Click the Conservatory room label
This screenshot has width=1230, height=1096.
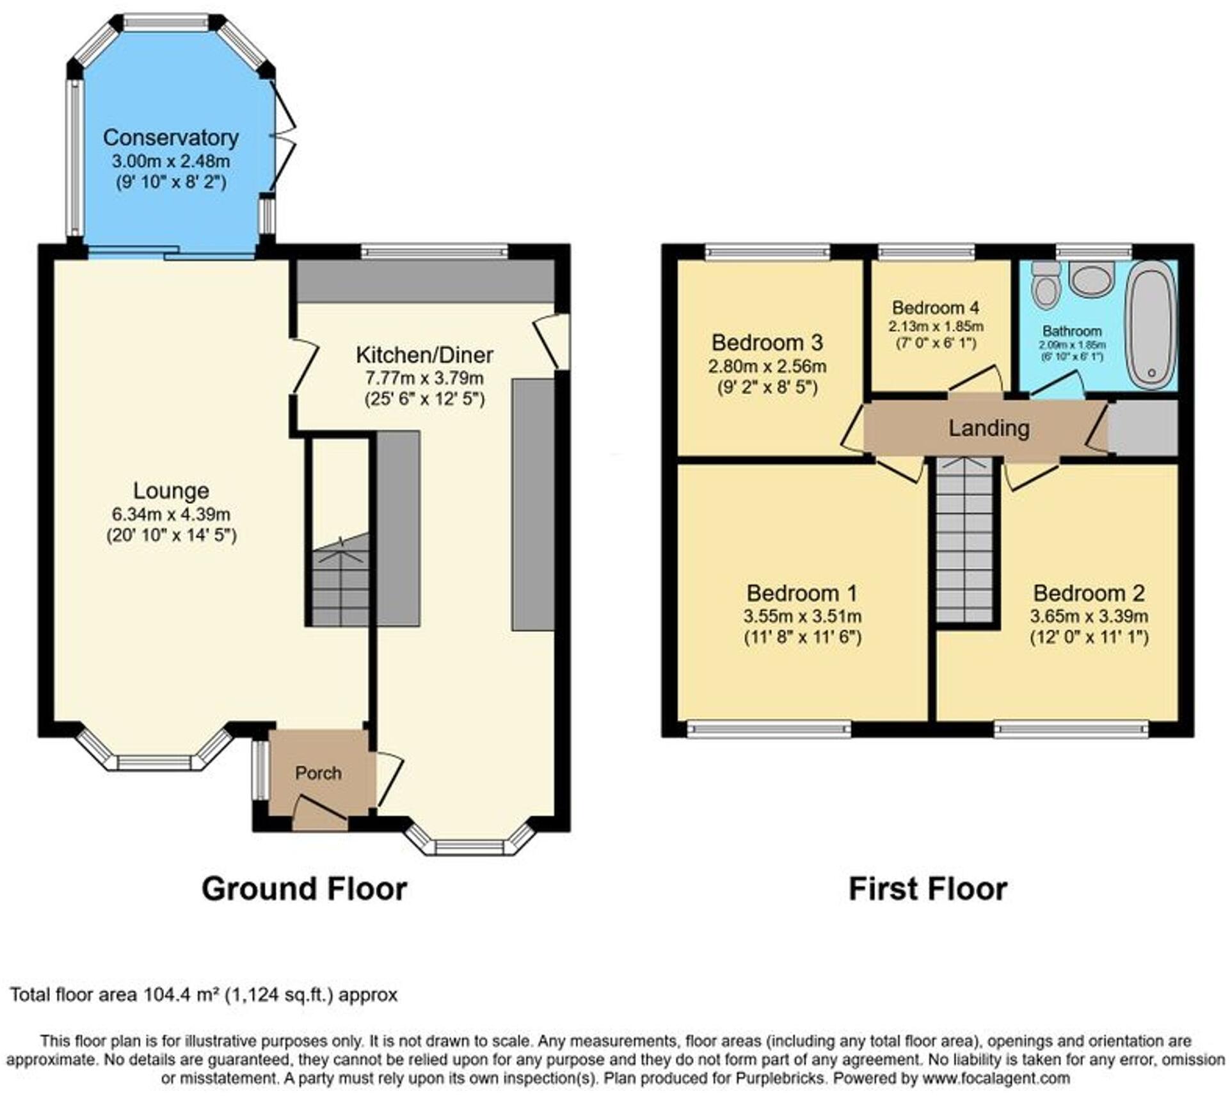click(170, 138)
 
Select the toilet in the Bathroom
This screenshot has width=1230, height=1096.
click(1046, 286)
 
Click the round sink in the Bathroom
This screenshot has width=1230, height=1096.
click(1092, 280)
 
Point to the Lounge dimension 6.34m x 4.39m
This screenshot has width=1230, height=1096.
click(171, 514)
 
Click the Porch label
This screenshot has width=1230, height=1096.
click(318, 773)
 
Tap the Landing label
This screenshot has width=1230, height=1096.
click(989, 428)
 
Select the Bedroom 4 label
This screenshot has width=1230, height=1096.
click(936, 307)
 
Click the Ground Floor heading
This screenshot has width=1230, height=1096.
click(304, 889)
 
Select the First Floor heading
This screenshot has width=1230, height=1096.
click(927, 889)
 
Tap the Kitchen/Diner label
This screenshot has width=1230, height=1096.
click(424, 355)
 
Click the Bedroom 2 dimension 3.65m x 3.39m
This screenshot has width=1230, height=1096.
click(1089, 616)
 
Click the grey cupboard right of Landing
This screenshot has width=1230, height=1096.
click(1143, 428)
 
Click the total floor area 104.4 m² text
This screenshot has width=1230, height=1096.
click(204, 995)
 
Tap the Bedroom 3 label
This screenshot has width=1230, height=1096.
click(767, 342)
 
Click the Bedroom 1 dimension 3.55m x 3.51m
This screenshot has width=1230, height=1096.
click(802, 616)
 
